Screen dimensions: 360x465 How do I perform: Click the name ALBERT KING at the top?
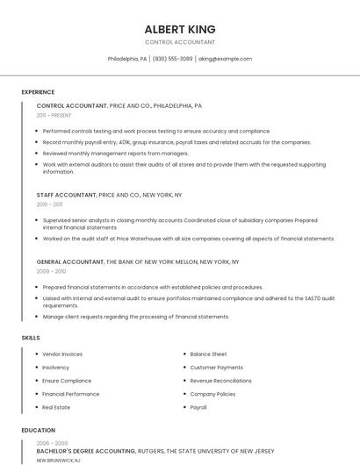179,29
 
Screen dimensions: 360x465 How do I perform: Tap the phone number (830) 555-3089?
172,59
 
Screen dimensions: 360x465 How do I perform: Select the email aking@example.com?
225,59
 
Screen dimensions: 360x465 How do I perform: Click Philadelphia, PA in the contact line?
127,59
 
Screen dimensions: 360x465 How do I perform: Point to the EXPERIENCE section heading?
38,92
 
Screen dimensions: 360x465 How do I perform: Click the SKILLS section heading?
31,338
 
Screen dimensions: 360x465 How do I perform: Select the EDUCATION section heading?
38,431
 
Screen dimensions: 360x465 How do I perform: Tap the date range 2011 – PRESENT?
54,115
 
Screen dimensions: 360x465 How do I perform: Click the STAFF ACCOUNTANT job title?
67,194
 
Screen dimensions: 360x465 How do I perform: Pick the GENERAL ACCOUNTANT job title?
70,261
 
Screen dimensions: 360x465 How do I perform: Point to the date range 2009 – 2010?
51,271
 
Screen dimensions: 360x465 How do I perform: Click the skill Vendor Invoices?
62,354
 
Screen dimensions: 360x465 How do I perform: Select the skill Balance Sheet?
208,354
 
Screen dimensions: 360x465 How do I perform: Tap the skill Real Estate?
56,407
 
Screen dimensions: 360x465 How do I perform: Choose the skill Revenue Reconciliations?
220,381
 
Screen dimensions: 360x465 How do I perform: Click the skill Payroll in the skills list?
198,407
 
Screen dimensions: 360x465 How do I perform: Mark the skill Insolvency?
55,367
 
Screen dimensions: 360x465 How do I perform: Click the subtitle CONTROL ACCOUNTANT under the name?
179,42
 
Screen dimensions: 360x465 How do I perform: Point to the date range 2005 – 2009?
51,443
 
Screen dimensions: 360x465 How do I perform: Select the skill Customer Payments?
216,367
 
